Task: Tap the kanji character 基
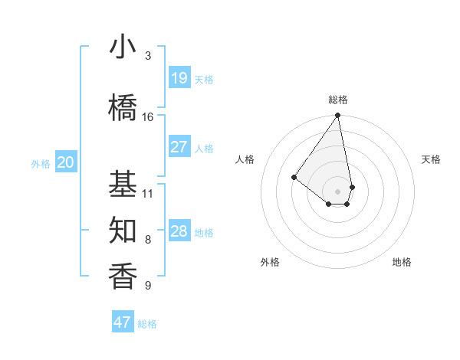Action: (x=123, y=184)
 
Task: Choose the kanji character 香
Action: (x=123, y=277)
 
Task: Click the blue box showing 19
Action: (x=179, y=78)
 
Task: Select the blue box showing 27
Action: (x=179, y=147)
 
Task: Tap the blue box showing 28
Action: (x=179, y=231)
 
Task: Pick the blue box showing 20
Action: (x=65, y=162)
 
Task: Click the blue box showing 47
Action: (x=123, y=322)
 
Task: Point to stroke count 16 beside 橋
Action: (x=148, y=117)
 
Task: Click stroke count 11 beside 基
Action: (x=148, y=193)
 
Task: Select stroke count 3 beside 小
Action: (x=148, y=56)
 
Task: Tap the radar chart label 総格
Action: (x=338, y=100)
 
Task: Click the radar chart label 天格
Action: (x=432, y=159)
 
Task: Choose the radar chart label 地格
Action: (x=402, y=262)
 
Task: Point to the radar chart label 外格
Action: (x=270, y=262)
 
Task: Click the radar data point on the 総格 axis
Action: (x=338, y=116)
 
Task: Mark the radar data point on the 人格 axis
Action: (x=294, y=177)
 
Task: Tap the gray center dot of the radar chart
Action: (x=338, y=191)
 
